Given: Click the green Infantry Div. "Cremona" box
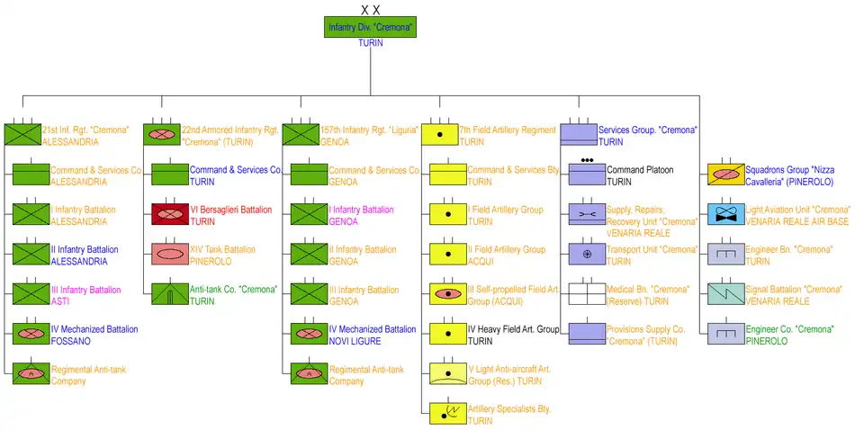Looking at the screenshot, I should point(370,27).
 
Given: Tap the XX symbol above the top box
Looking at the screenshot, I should point(370,9).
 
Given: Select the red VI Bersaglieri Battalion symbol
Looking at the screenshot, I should point(169,214).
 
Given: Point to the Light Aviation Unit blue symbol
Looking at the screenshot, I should point(724,214).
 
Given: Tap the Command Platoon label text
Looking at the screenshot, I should point(640,169).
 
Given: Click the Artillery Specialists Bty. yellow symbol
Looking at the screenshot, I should point(447,413).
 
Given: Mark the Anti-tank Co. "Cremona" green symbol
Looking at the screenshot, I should point(169,293).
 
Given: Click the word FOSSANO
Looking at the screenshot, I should point(71,341).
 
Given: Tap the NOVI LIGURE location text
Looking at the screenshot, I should point(355,341).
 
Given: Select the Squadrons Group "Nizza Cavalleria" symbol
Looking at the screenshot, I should point(724,174).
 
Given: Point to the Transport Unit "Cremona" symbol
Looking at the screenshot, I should point(586,254).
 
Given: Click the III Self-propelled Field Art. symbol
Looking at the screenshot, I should point(447,293).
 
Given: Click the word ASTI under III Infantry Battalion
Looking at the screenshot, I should point(59,301).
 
